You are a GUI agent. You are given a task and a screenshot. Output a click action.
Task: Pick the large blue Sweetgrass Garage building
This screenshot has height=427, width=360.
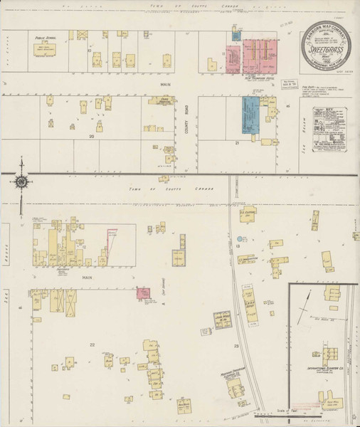tap(249, 115)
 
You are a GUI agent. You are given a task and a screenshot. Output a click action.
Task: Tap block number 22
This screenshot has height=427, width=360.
tap(91, 344)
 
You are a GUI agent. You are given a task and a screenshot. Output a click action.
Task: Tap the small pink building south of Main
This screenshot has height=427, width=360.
tap(144, 292)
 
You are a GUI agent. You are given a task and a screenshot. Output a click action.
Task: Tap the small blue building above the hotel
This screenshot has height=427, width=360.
tap(236, 33)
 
